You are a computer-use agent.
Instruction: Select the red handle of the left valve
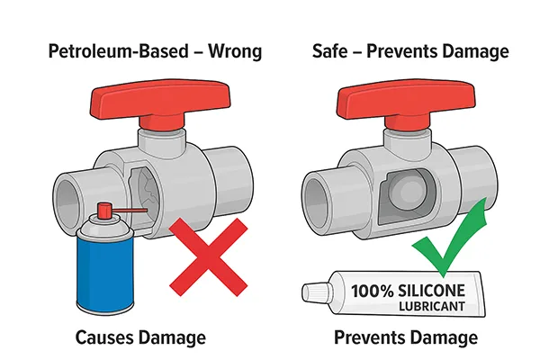pos(157,97)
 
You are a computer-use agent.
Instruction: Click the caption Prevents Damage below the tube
pos(405,338)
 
